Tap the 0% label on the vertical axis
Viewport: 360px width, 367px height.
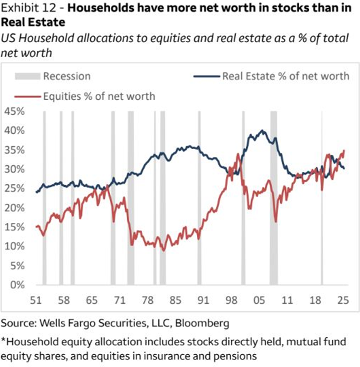[x=15, y=285]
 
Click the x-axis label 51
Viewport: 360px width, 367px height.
[x=36, y=300]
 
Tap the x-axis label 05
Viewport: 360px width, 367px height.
[x=259, y=300]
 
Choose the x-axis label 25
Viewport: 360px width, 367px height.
[x=342, y=300]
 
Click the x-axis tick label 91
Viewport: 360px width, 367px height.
[x=203, y=300]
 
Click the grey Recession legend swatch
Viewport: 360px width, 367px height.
[x=27, y=76]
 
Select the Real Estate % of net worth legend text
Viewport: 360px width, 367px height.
[x=286, y=76]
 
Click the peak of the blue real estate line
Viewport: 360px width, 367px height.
[x=261, y=131]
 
